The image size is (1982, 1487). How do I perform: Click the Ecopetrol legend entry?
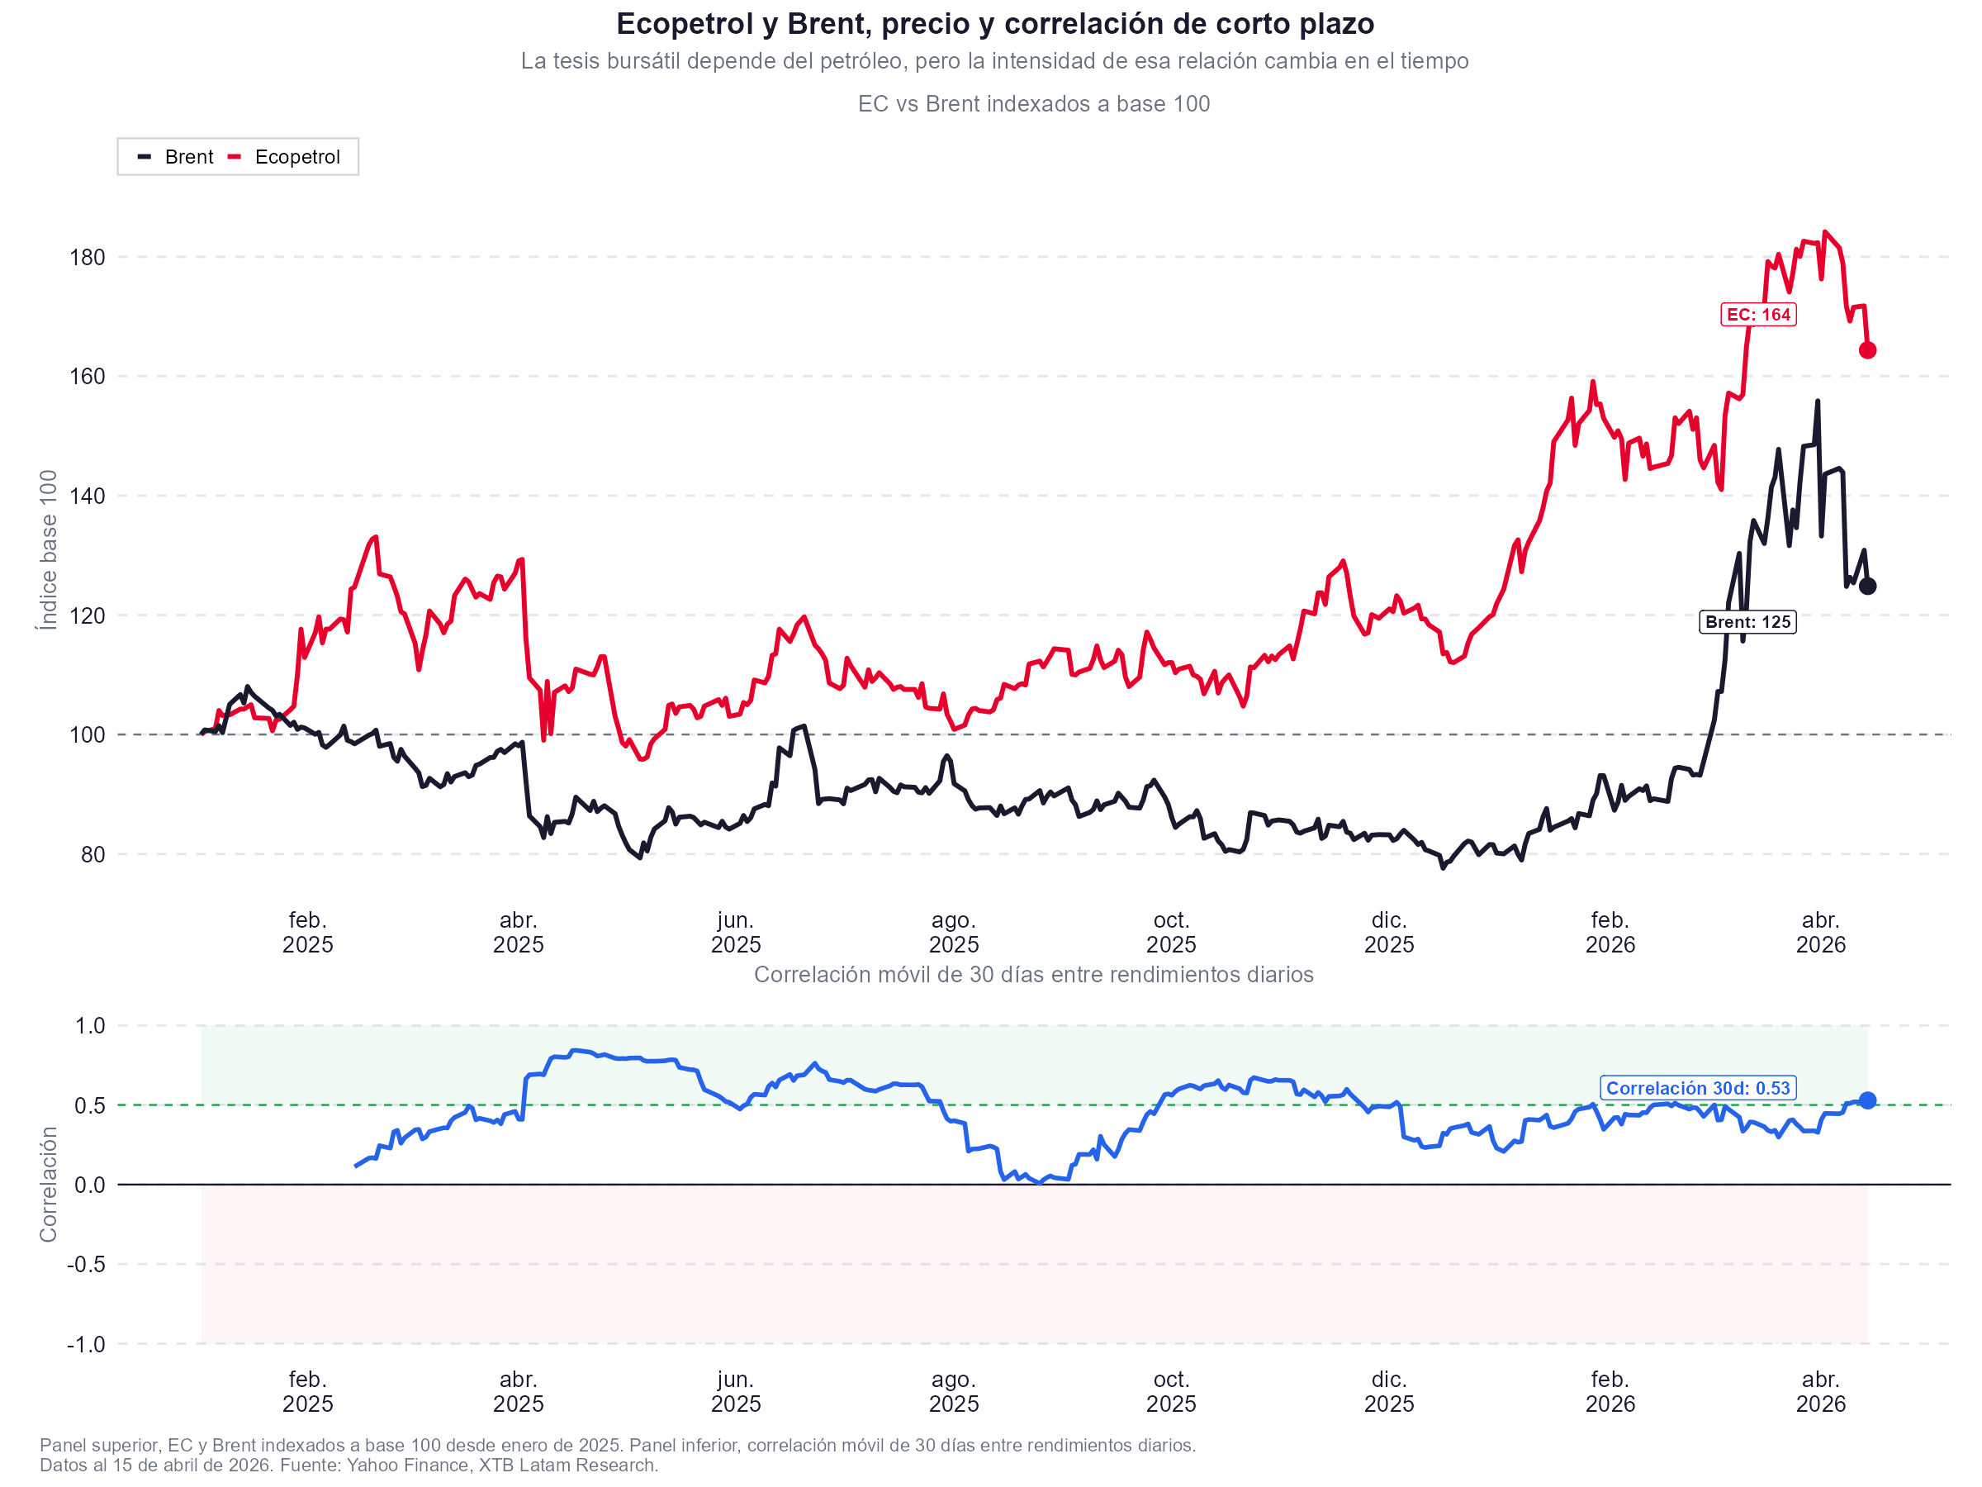tap(284, 157)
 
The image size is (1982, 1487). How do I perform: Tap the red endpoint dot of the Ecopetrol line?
tap(1867, 350)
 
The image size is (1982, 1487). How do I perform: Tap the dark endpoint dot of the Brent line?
tap(1867, 587)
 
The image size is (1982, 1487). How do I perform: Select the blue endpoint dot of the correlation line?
tap(1867, 1100)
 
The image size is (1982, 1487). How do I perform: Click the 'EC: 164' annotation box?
tap(1758, 315)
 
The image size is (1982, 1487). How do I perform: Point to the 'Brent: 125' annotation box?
tap(1747, 622)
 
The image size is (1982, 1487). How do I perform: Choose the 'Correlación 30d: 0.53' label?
tap(1697, 1088)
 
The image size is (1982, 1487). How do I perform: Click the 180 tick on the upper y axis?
tap(87, 257)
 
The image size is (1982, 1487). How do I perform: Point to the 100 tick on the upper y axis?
tap(87, 735)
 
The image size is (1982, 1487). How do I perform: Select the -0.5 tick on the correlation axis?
tap(85, 1264)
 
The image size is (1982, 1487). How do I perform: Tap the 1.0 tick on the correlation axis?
tap(89, 1025)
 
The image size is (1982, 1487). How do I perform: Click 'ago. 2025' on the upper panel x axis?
tap(953, 932)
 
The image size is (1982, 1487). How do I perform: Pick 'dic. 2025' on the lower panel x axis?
tap(1389, 1391)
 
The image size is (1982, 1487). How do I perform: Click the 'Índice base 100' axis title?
tap(49, 549)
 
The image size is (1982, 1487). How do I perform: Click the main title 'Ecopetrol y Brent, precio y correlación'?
tap(994, 24)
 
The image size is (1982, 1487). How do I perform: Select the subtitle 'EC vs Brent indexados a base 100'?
tap(1033, 104)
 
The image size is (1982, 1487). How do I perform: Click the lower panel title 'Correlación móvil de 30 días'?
tap(1033, 974)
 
